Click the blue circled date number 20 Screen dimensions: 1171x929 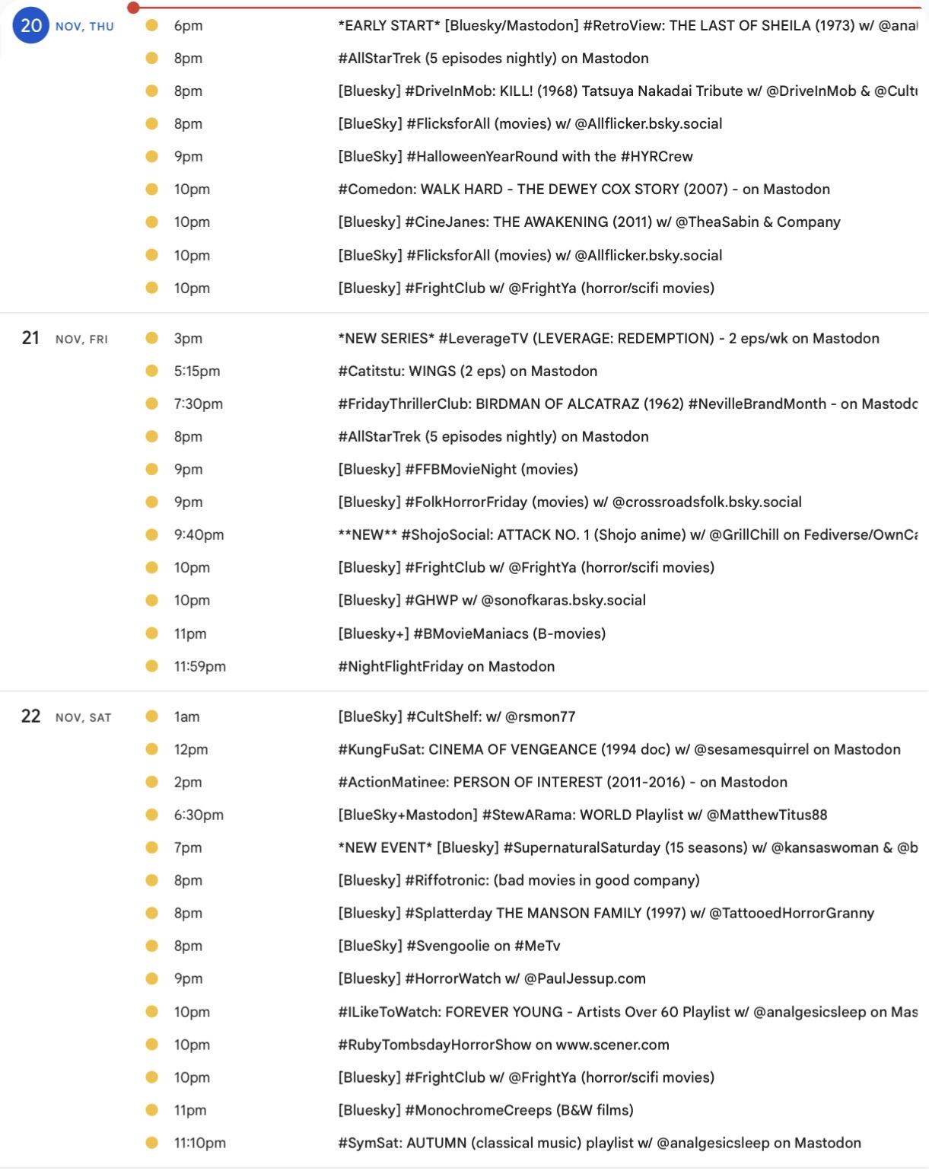pyautogui.click(x=30, y=26)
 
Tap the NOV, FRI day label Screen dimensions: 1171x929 pyautogui.click(x=81, y=340)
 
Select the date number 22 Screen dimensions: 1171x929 pyautogui.click(x=30, y=716)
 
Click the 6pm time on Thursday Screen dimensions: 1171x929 pyautogui.click(x=188, y=26)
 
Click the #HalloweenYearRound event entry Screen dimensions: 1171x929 pyautogui.click(x=515, y=157)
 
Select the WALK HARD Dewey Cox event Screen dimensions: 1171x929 pyautogui.click(x=584, y=190)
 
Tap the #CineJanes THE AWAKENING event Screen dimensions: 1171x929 pyautogui.click(x=589, y=222)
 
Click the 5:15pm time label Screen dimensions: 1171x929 pyautogui.click(x=196, y=372)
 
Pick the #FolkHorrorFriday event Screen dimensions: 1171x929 pyautogui.click(x=569, y=503)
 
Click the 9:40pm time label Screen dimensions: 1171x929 pyautogui.click(x=199, y=535)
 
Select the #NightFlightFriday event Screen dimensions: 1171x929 pyautogui.click(x=446, y=667)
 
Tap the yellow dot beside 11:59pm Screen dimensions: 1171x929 pyautogui.click(x=151, y=666)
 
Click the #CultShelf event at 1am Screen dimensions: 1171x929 pyautogui.click(x=457, y=717)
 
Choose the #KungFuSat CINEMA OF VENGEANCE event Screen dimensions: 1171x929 pyautogui.click(x=619, y=750)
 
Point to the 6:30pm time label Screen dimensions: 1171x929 pyautogui.click(x=199, y=815)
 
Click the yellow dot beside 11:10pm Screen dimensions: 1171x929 pyautogui.click(x=151, y=1143)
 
